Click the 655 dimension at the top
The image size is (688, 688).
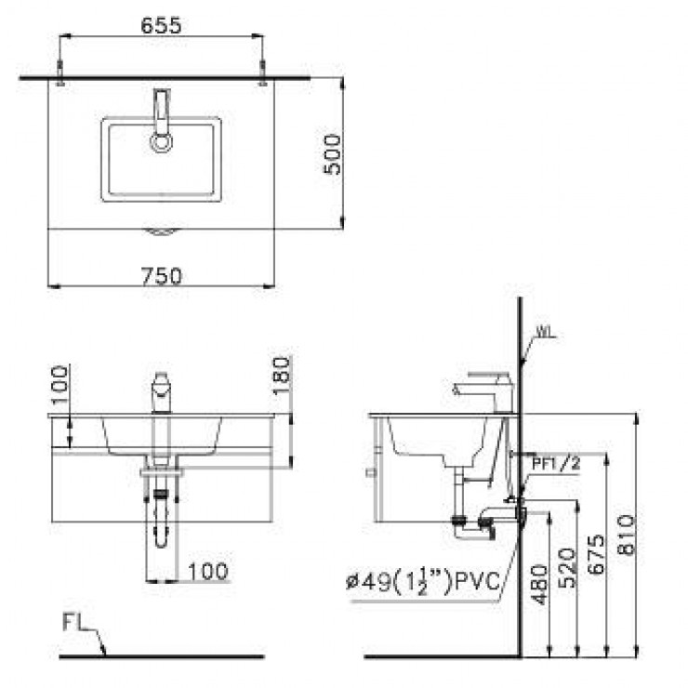click(161, 26)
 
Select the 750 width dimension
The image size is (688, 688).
click(162, 275)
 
